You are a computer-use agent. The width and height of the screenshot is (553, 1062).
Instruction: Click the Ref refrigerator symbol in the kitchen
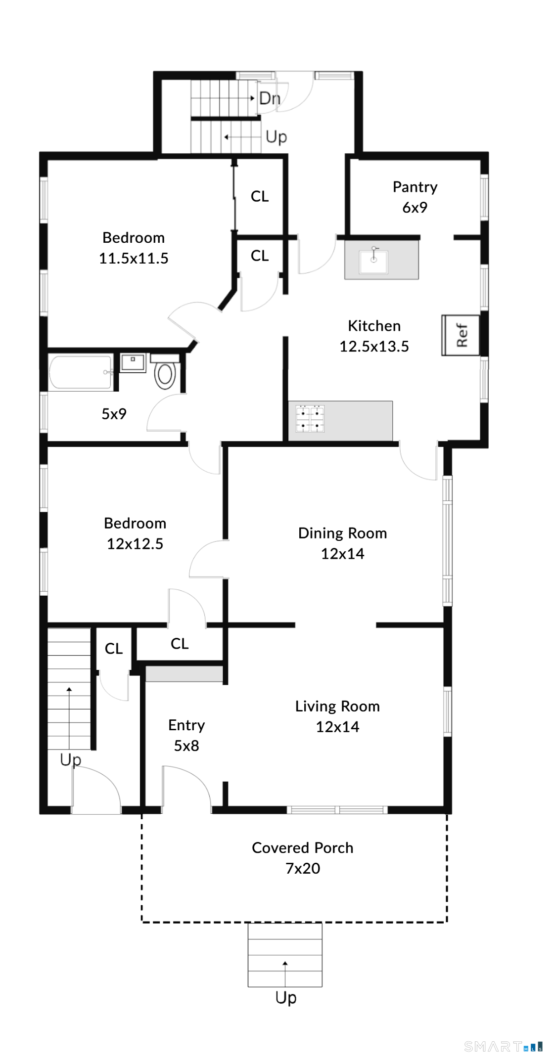(x=461, y=335)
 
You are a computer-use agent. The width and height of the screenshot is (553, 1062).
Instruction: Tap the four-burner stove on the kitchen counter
(x=310, y=418)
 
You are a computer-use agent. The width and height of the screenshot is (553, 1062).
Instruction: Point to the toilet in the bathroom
(x=165, y=374)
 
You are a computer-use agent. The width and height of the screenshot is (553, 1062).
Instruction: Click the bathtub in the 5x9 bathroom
(x=81, y=372)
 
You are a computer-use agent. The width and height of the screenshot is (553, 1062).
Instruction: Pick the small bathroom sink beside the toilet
(x=133, y=362)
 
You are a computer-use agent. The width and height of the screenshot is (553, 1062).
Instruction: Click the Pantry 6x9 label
(x=415, y=197)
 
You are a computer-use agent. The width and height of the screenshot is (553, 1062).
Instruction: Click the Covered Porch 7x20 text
(x=302, y=857)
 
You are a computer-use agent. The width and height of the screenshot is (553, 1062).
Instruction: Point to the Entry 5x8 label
(x=186, y=735)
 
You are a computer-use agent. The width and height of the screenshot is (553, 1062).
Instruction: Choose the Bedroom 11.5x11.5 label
(x=134, y=248)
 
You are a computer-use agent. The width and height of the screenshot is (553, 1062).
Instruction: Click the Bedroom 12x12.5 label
(x=135, y=533)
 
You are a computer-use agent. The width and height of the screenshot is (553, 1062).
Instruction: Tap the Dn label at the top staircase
(x=270, y=98)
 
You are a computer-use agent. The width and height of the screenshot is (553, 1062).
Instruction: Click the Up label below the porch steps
(x=286, y=997)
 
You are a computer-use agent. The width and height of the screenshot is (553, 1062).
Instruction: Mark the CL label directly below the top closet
(x=260, y=256)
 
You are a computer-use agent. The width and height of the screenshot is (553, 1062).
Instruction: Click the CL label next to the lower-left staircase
(x=114, y=648)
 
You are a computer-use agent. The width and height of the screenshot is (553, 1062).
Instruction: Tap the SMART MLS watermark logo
(x=503, y=1046)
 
